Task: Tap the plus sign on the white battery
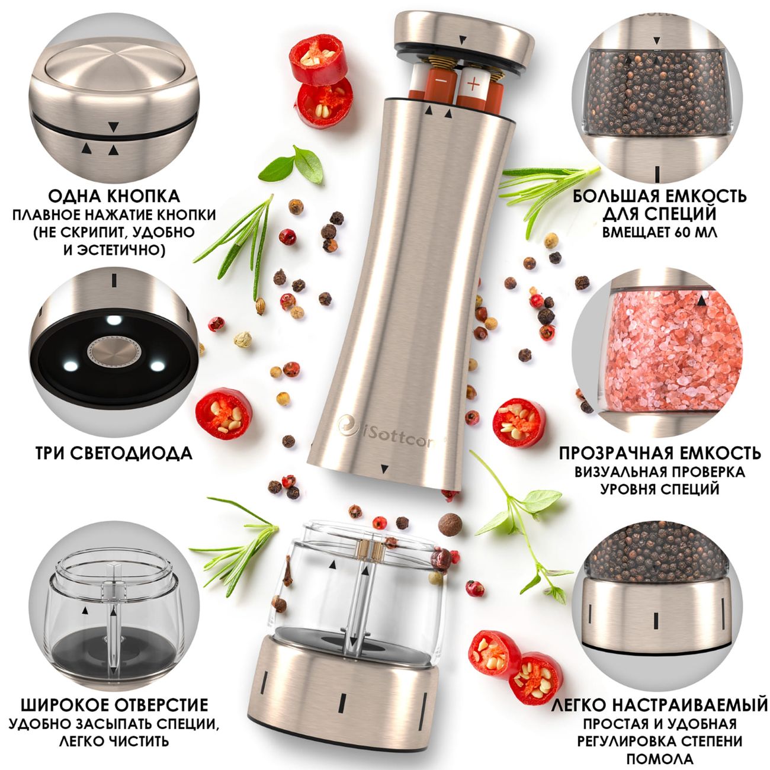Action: (473, 84)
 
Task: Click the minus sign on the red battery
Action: (440, 80)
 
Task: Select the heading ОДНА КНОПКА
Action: (114, 196)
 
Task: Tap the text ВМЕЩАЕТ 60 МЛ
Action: (660, 233)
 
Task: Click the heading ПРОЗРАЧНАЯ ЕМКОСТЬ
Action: (660, 454)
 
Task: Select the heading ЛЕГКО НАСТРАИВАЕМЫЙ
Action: (660, 705)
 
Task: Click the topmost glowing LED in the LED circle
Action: (114, 320)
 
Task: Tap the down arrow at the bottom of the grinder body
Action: (385, 469)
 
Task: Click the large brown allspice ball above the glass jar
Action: (450, 525)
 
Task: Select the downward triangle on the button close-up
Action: (114, 127)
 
